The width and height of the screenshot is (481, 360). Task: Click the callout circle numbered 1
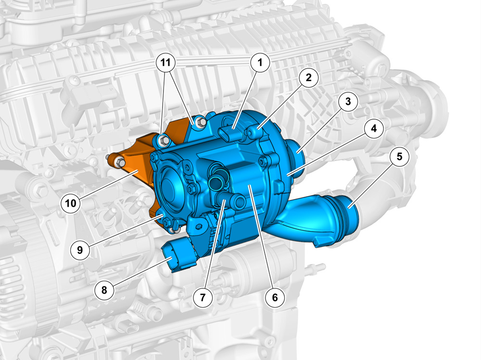[260, 62]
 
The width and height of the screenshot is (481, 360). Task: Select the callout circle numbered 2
[308, 77]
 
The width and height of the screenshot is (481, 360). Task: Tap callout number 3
[348, 101]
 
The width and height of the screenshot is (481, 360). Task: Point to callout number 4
[374, 128]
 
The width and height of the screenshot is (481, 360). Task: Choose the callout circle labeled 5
[399, 156]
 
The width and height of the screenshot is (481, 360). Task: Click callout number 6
[275, 297]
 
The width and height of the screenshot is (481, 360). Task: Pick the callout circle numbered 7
[203, 297]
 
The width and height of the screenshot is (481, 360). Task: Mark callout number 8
[104, 289]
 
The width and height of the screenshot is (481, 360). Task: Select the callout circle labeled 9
[80, 250]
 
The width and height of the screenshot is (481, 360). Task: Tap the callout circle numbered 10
[71, 203]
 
